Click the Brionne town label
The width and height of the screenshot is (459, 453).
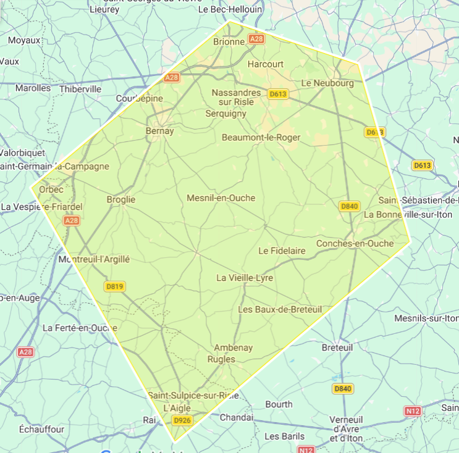pos(229,41)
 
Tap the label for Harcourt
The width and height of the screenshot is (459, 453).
pos(265,64)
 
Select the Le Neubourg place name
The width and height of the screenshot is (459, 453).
pos(327,83)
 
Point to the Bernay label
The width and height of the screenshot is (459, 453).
pos(159,131)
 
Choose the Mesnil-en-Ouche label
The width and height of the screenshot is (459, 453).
pos(221,198)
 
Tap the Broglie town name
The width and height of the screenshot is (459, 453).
pos(120,199)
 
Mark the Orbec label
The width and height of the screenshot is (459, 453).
pos(51,189)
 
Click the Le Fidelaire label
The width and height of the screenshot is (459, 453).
pos(282,251)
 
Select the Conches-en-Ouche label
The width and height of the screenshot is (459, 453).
pos(355,243)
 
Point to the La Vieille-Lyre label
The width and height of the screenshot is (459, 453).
pos(244,278)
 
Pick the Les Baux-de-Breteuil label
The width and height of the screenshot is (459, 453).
pos(280,309)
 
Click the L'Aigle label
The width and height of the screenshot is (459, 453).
pos(177,408)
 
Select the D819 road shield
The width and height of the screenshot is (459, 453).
pos(115,286)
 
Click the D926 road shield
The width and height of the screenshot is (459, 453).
pos(181,420)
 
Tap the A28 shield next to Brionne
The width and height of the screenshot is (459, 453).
pos(256,38)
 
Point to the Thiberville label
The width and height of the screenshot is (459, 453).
pos(80,89)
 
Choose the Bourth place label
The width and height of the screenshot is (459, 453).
pos(279,404)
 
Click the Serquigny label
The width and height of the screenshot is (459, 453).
pos(225,114)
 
